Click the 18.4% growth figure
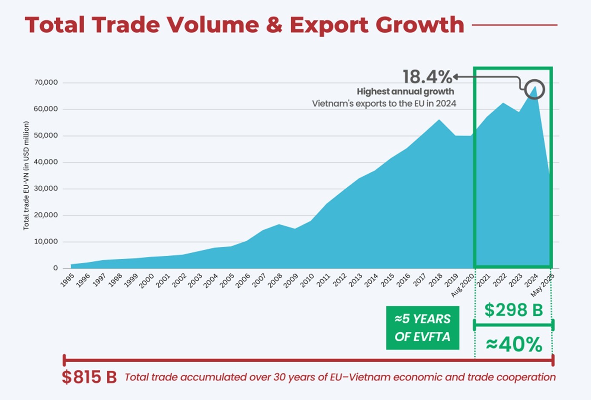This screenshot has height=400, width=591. [x=427, y=77]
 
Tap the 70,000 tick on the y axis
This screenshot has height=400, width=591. [x=46, y=83]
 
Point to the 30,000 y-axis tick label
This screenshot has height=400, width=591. [x=46, y=189]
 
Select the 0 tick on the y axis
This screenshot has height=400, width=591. [x=55, y=268]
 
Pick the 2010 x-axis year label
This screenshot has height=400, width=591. [x=307, y=280]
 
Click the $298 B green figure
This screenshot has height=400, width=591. [x=514, y=310]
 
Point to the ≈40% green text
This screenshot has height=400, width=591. [x=514, y=344]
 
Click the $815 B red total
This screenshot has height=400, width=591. [x=89, y=377]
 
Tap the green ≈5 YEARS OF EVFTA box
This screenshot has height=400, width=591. [x=422, y=328]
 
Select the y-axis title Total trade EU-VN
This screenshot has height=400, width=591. [x=26, y=175]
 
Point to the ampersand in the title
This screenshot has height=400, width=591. [x=274, y=25]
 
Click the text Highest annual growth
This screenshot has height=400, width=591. [x=405, y=91]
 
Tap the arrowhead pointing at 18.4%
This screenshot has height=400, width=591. [x=456, y=77]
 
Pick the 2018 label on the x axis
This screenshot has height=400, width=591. [x=436, y=280]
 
